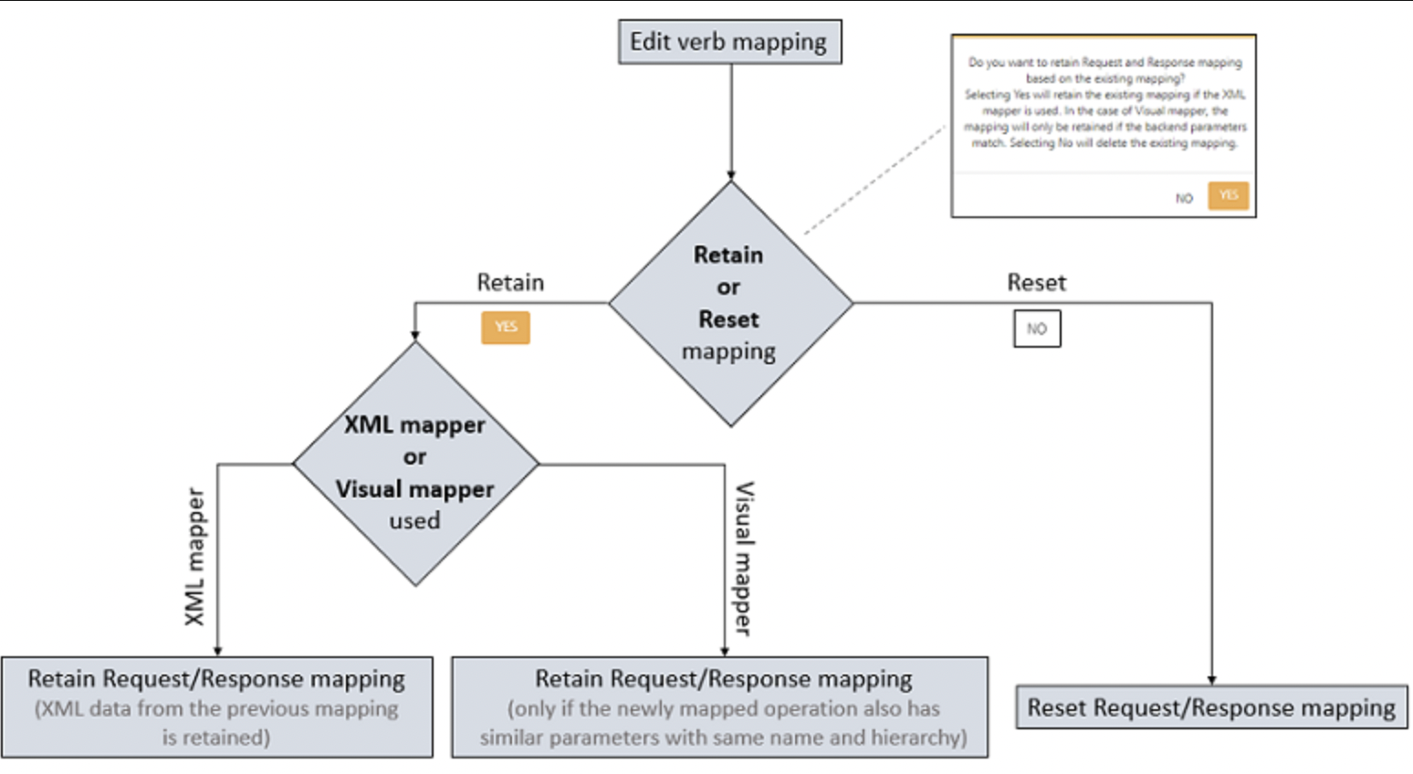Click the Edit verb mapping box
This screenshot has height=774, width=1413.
[729, 42]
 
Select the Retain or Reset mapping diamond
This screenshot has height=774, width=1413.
[730, 303]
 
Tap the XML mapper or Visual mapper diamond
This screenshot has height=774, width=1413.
[415, 464]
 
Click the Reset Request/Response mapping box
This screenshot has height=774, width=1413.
[1211, 707]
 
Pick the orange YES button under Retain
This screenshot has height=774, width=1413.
[506, 328]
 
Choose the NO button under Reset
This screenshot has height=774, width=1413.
[1037, 329]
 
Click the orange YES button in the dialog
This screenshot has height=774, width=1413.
[1228, 195]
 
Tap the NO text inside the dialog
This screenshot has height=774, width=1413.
[1184, 198]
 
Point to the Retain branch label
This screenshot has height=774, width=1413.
[510, 283]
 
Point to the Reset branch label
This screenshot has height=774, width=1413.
[1036, 283]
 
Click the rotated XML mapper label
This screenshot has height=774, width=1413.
[195, 557]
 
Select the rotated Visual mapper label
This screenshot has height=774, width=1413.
[745, 558]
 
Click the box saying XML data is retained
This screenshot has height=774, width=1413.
[217, 707]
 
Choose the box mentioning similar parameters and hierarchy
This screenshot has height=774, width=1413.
[720, 707]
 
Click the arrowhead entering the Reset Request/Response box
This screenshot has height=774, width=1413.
[1211, 680]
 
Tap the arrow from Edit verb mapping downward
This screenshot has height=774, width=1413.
[730, 119]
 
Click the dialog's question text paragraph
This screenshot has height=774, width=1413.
[1104, 102]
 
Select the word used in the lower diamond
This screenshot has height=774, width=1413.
[415, 521]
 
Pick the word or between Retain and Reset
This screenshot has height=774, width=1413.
[728, 288]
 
